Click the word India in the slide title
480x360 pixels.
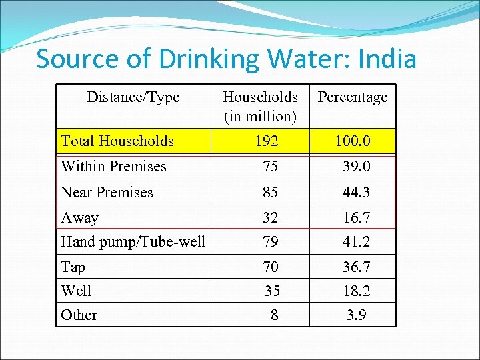[x=387, y=59]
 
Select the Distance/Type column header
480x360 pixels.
[x=133, y=97]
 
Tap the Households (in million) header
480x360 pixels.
[x=260, y=107]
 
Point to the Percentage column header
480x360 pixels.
[x=353, y=97]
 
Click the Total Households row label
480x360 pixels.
[x=117, y=141]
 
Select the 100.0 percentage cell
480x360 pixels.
[x=353, y=141]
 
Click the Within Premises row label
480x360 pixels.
[x=113, y=167]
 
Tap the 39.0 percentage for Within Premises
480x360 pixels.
[x=357, y=167]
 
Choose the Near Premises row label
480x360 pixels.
[x=107, y=193]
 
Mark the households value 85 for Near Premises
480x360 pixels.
[x=270, y=193]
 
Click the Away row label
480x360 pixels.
[x=79, y=218]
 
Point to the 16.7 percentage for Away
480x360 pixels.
[x=357, y=218]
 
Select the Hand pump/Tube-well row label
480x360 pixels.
[x=133, y=241]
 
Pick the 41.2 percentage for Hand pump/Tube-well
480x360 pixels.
[x=357, y=241]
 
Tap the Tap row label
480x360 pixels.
[x=73, y=267]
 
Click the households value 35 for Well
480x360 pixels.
[x=272, y=291]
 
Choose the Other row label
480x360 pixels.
[x=79, y=315]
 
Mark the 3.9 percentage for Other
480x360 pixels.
[x=357, y=315]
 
